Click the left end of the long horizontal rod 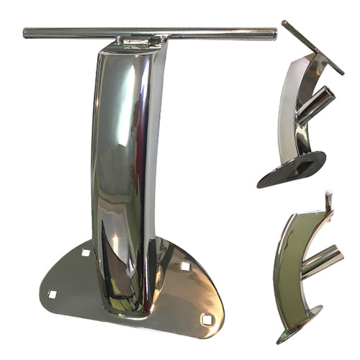pyautogui.click(x=26, y=32)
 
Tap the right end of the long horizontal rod pyautogui.click(x=274, y=33)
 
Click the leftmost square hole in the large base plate pyautogui.click(x=52, y=294)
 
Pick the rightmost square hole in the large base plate pyautogui.click(x=207, y=318)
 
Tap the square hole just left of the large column pyautogui.click(x=86, y=253)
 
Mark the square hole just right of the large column pyautogui.click(x=184, y=266)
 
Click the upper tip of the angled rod pyautogui.click(x=284, y=23)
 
